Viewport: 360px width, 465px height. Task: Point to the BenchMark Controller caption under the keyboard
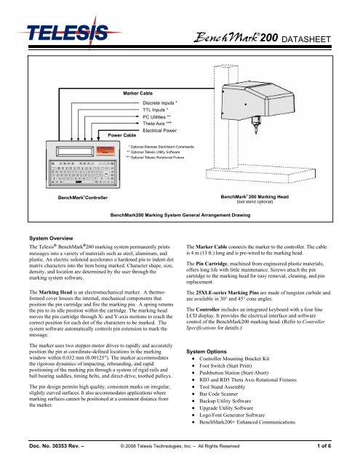click(x=62, y=197)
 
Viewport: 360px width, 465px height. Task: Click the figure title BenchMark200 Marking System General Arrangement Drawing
click(x=180, y=216)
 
